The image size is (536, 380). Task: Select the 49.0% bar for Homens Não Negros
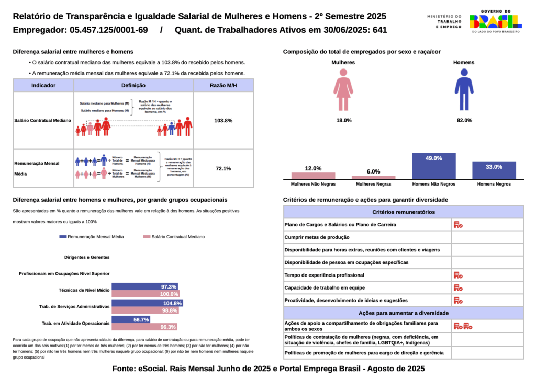tap(434, 166)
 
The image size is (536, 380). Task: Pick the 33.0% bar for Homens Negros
tap(494, 170)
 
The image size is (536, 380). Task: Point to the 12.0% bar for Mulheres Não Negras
tap(313, 176)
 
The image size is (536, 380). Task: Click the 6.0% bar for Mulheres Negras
tap(373, 177)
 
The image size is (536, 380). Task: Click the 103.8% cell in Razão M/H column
tap(224, 121)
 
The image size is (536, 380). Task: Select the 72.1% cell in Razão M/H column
tap(224, 169)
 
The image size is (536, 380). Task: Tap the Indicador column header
tap(43, 85)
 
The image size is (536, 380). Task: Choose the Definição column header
tap(133, 85)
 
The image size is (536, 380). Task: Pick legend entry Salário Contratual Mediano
tap(174, 237)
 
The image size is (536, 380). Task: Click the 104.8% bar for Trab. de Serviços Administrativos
tap(148, 303)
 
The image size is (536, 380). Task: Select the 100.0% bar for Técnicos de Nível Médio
tap(146, 294)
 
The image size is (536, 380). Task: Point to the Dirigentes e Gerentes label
tap(87, 257)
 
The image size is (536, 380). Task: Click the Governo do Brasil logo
tap(495, 21)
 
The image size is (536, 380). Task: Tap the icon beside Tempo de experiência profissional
tap(458, 275)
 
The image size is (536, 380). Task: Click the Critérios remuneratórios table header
tap(403, 212)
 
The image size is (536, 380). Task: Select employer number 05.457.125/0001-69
tap(108, 30)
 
